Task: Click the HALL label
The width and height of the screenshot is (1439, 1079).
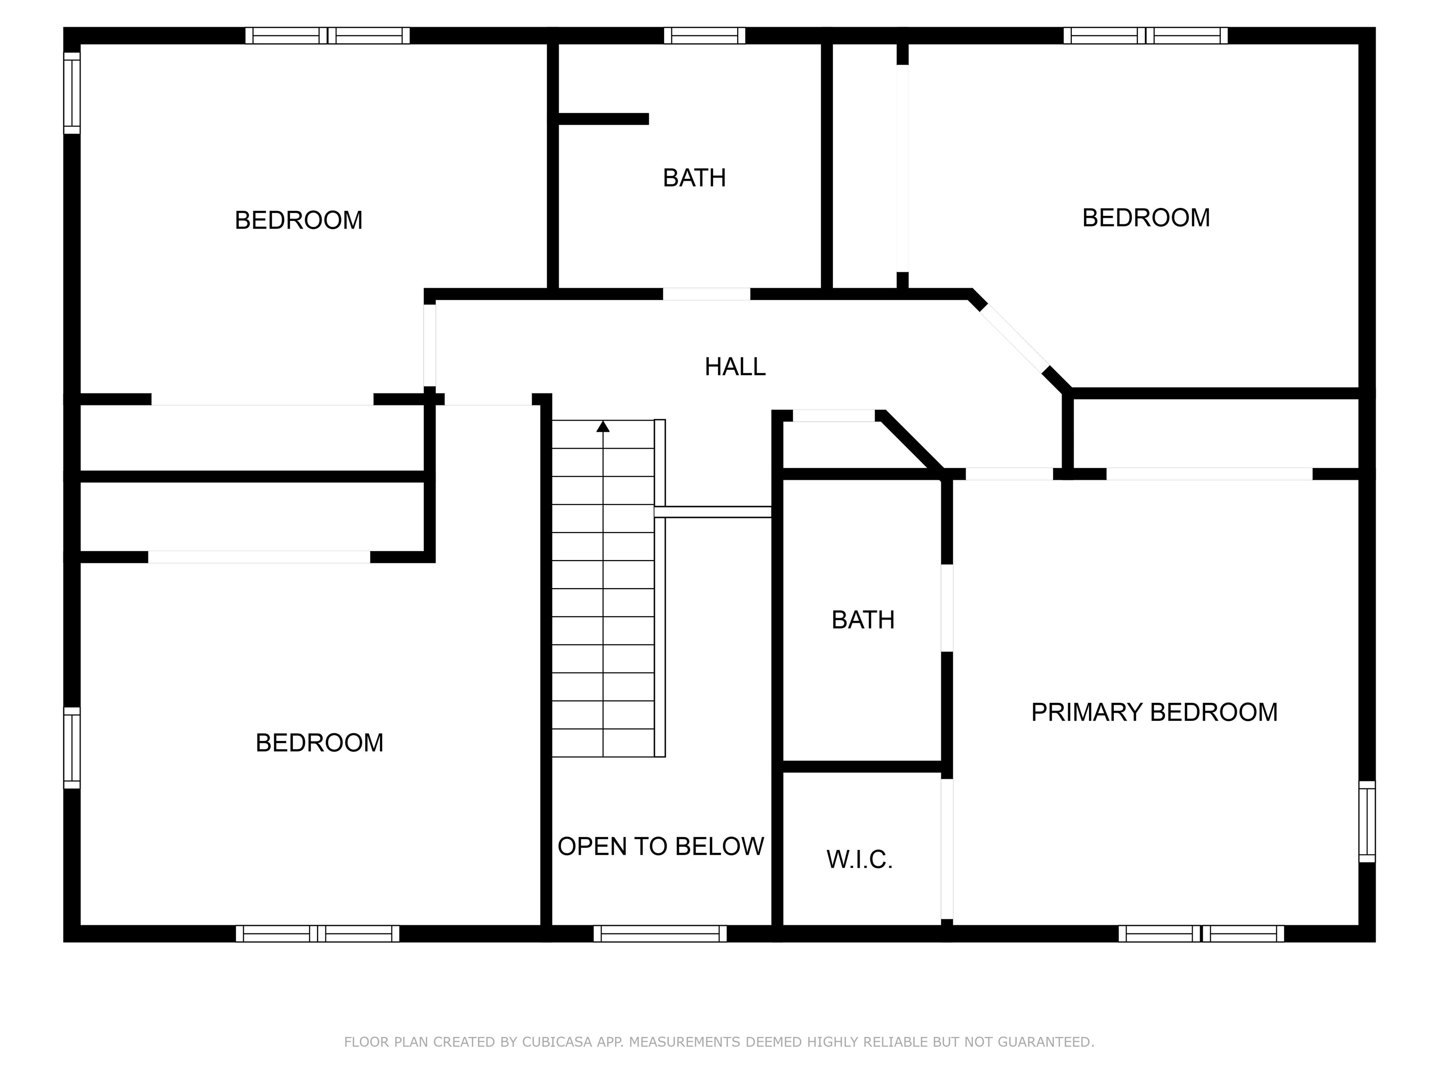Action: [735, 367]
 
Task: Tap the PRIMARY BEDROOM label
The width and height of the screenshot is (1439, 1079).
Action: [1154, 712]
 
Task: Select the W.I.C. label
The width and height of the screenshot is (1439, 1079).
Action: [860, 860]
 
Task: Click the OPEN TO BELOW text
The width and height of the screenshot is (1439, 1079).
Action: [660, 846]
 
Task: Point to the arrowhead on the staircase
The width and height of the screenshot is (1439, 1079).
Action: [603, 426]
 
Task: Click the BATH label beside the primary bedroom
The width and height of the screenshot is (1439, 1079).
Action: [863, 620]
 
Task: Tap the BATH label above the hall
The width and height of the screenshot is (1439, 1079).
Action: [694, 177]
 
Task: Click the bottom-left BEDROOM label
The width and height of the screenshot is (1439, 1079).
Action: [319, 743]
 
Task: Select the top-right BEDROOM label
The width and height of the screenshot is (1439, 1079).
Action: [1146, 218]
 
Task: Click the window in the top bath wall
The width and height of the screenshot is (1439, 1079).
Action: [705, 35]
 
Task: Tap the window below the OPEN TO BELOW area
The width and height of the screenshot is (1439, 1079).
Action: [660, 933]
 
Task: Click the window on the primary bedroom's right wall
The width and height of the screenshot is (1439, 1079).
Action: [1367, 821]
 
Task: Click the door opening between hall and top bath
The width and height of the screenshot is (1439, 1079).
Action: [706, 294]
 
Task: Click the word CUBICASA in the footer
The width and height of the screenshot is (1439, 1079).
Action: [557, 1042]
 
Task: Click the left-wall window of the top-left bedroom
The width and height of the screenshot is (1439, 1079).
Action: [72, 93]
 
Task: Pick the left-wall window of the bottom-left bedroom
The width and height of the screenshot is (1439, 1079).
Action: [72, 748]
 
